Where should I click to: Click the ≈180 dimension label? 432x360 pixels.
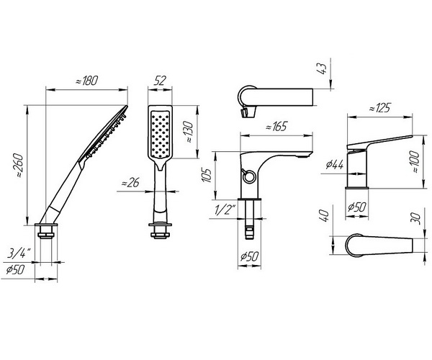pyautogui.click(x=86, y=81)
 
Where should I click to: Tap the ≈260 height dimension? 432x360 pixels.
pyautogui.click(x=20, y=166)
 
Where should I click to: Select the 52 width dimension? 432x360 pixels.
pyautogui.click(x=160, y=81)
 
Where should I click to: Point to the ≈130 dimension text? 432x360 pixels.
pyautogui.click(x=189, y=132)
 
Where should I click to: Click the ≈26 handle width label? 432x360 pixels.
pyautogui.click(x=130, y=182)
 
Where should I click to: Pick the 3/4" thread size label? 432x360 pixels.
pyautogui.click(x=19, y=253)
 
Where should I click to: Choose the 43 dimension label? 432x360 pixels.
pyautogui.click(x=322, y=68)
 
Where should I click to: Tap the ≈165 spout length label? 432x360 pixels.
pyautogui.click(x=276, y=127)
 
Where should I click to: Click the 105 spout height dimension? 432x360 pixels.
pyautogui.click(x=207, y=175)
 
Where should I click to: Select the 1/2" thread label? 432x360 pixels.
pyautogui.click(x=226, y=210)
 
